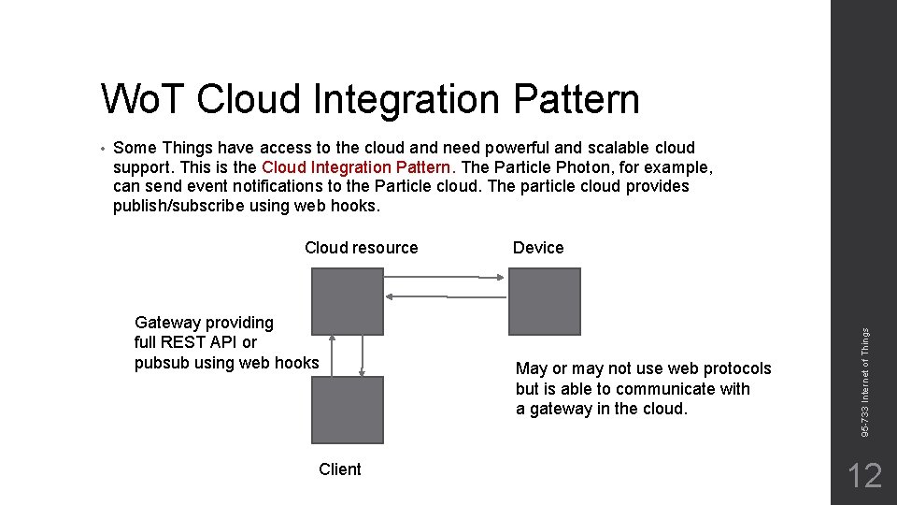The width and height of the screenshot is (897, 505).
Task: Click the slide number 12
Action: pos(863,476)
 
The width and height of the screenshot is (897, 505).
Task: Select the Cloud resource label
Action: pos(361,248)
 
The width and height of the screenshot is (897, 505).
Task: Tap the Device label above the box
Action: pos(538,248)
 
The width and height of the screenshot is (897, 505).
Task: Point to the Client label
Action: pos(339,469)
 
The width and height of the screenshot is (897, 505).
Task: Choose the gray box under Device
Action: pos(544,301)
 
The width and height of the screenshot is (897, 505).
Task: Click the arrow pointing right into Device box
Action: pos(445,276)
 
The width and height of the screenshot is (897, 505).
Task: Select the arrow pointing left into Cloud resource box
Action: pos(445,296)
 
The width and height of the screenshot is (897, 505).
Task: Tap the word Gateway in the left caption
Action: pos(165,323)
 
